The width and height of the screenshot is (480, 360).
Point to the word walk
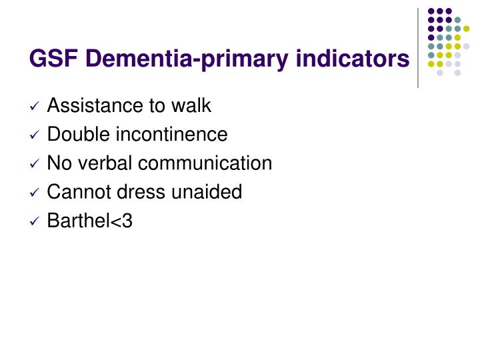pos(193,105)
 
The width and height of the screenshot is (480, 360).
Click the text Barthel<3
pos(90,221)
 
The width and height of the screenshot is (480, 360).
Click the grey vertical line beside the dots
pos(418,47)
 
